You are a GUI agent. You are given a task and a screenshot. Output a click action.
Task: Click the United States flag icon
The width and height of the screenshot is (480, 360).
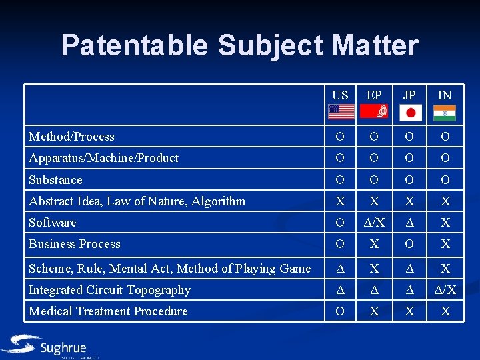pos(341,112)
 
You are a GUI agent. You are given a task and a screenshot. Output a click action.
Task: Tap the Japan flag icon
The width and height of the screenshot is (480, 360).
pos(411,112)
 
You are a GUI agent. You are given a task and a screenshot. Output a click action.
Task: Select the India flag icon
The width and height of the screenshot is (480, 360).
pos(445,112)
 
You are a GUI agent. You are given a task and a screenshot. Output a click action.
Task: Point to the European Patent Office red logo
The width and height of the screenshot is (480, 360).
pos(374,112)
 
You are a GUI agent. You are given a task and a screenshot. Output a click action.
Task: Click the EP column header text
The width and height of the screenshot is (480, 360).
pos(374,95)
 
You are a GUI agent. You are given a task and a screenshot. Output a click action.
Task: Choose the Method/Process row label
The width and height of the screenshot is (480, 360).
pos(71,137)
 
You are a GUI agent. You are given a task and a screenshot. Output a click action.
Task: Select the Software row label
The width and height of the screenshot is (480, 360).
pos(52,223)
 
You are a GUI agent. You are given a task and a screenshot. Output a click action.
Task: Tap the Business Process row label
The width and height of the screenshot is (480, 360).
pos(75,244)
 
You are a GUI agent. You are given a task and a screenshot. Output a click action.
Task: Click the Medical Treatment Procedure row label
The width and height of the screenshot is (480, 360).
pos(108,311)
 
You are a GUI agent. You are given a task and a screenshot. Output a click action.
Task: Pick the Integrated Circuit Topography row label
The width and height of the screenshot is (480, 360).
pos(109,290)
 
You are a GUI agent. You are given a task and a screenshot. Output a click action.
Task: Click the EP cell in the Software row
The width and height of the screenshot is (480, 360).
pos(374,223)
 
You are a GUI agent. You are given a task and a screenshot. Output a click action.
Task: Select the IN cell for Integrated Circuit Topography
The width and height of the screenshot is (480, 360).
pos(445,290)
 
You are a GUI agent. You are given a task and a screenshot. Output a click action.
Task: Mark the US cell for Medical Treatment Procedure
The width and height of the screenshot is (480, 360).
pos(341,311)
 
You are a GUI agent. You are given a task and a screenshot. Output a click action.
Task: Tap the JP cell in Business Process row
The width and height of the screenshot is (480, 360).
pos(411,244)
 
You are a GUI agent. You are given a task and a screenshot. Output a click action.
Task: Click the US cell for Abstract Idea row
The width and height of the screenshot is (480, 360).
pos(341,201)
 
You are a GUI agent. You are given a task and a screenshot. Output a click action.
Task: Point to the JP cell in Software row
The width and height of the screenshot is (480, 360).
pos(411,223)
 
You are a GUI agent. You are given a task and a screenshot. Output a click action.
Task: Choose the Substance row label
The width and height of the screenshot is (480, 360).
pos(55,180)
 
